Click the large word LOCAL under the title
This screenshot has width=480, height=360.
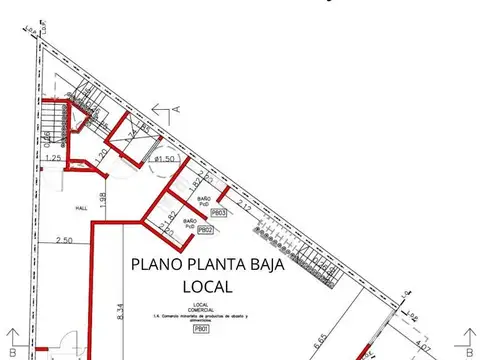(x=207, y=287)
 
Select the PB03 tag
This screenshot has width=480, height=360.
(x=221, y=212)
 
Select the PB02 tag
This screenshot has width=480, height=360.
(x=205, y=229)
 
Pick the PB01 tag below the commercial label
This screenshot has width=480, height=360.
(x=201, y=328)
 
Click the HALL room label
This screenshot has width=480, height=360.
(x=82, y=208)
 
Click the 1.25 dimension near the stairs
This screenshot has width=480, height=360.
(x=54, y=159)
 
